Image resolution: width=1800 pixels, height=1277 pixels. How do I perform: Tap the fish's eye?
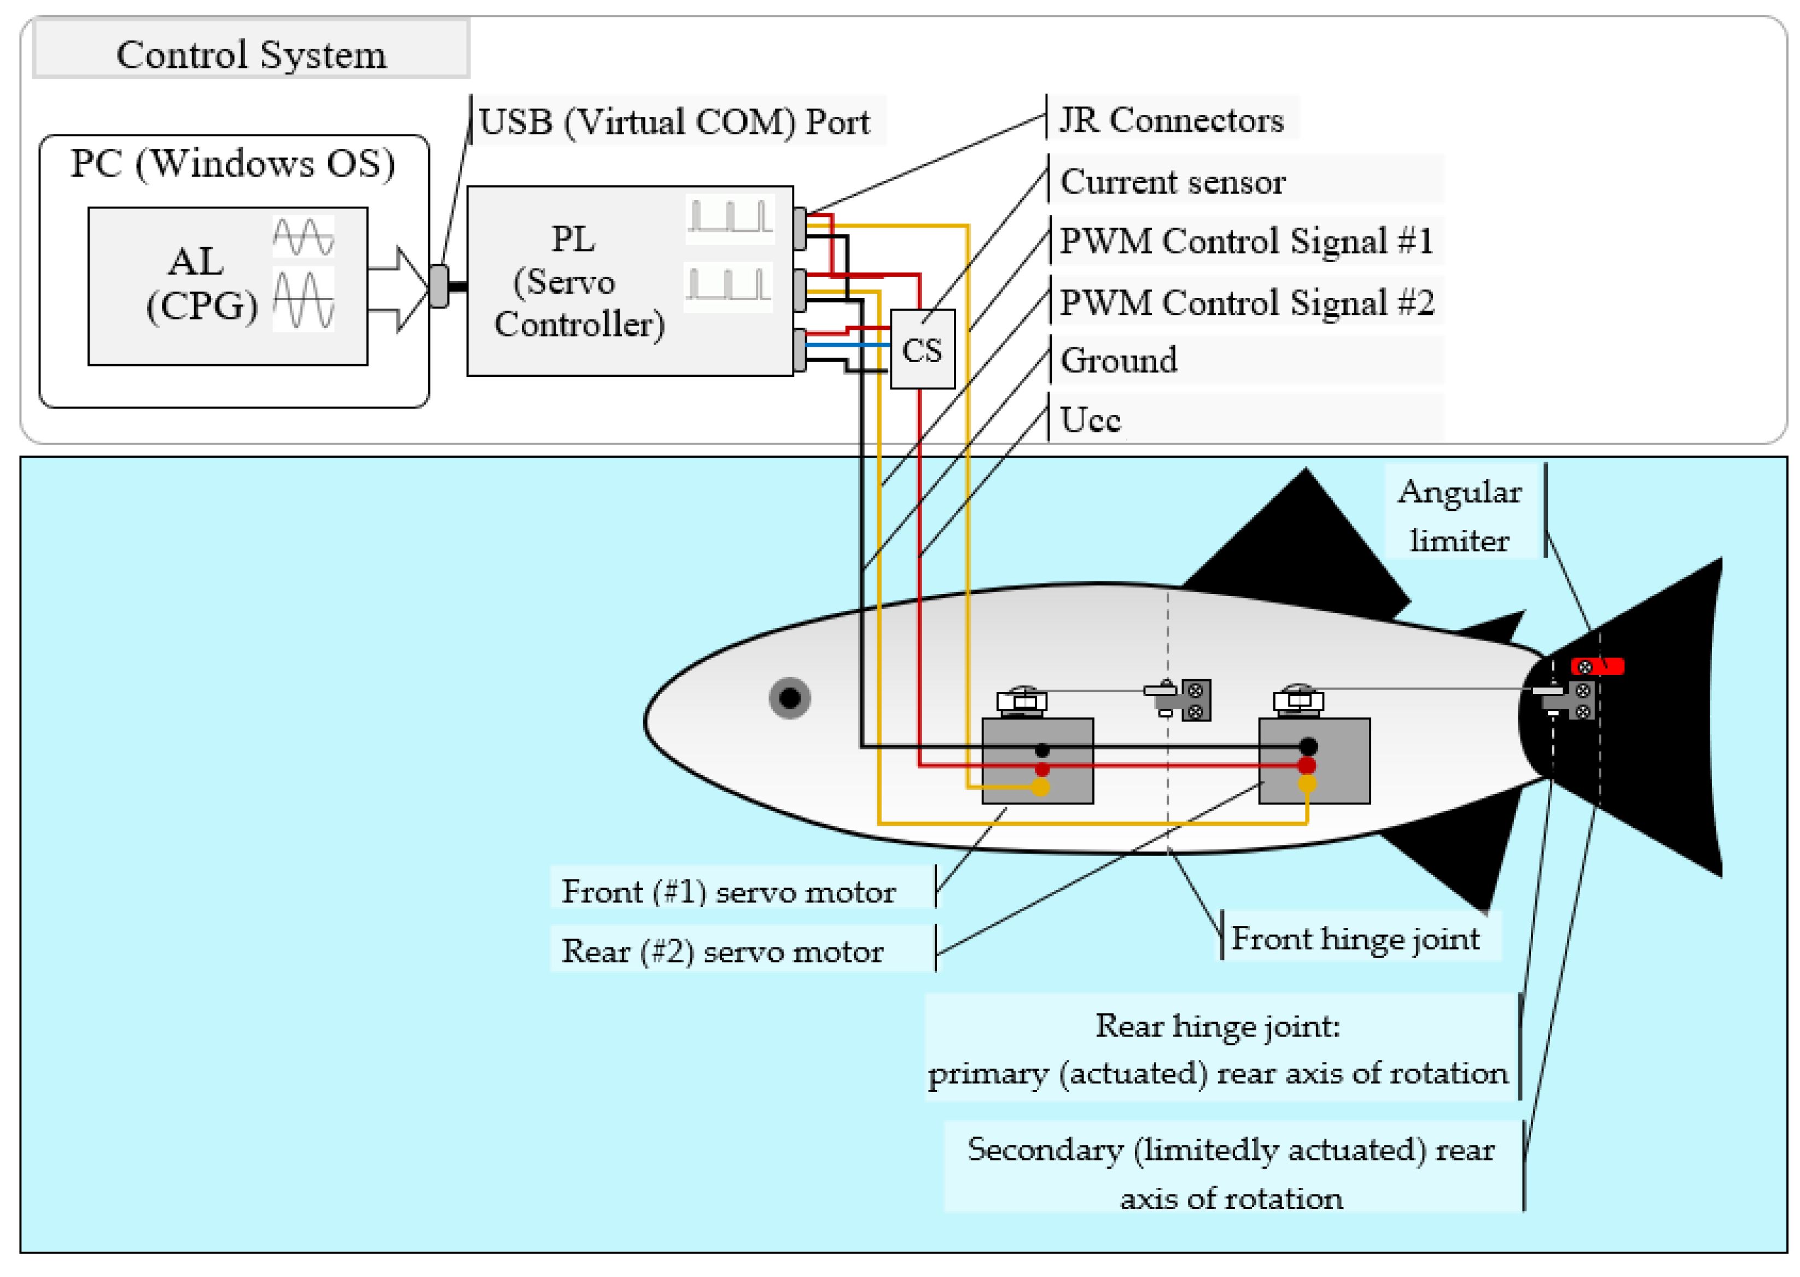pyautogui.click(x=789, y=697)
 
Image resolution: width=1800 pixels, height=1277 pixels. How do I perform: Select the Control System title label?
pyautogui.click(x=251, y=54)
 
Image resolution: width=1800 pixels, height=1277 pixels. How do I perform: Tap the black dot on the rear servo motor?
pyautogui.click(x=1307, y=745)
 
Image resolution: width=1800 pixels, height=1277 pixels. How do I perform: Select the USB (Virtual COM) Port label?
pyautogui.click(x=673, y=122)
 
